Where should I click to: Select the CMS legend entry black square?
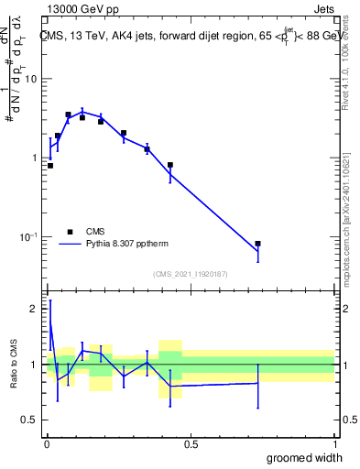point(69,232)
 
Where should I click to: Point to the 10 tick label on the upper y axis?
point(31,79)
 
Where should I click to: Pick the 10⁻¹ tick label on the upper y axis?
point(29,236)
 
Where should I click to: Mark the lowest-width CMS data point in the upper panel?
point(49,166)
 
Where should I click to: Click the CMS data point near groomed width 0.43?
point(170,166)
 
